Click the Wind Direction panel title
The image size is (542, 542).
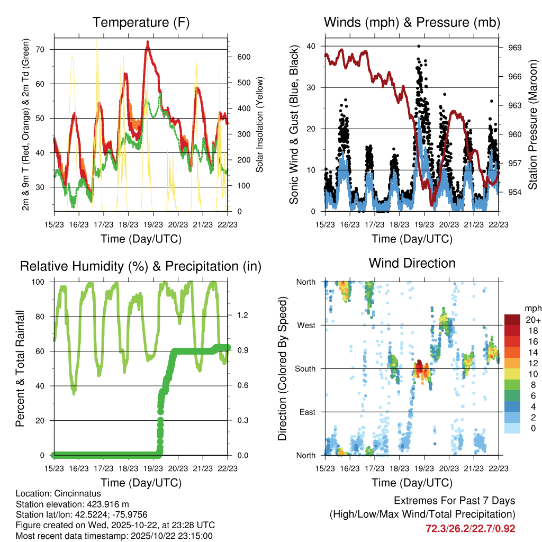(412, 263)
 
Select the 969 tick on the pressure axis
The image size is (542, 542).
(514, 48)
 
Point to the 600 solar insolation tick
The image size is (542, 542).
(238, 57)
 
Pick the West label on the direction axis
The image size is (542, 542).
(306, 325)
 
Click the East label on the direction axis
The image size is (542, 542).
(308, 412)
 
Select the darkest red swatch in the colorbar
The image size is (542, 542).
(512, 320)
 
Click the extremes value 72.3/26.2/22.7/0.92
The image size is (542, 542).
(471, 528)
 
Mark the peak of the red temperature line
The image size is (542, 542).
(148, 41)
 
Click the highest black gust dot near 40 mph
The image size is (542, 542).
(419, 46)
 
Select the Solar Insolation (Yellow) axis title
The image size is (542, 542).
(259, 125)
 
